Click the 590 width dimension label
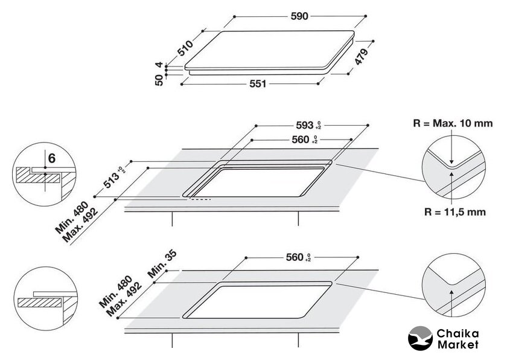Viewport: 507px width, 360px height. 299,16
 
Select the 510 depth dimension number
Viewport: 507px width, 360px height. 185,48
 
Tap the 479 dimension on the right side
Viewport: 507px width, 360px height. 362,57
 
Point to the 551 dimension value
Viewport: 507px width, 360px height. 258,84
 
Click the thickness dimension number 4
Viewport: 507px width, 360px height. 159,65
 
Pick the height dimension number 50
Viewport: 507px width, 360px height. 159,80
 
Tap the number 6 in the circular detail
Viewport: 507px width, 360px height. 52,158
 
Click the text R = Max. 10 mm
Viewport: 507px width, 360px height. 453,123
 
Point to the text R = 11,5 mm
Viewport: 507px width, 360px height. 455,212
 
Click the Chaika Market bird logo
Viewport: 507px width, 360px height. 420,338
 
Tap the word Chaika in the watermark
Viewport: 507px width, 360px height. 458,333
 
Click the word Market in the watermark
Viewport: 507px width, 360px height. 458,344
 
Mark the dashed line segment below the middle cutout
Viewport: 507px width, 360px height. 201,199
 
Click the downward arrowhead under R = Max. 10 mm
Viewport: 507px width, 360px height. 451,161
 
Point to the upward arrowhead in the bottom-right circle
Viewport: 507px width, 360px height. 451,292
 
